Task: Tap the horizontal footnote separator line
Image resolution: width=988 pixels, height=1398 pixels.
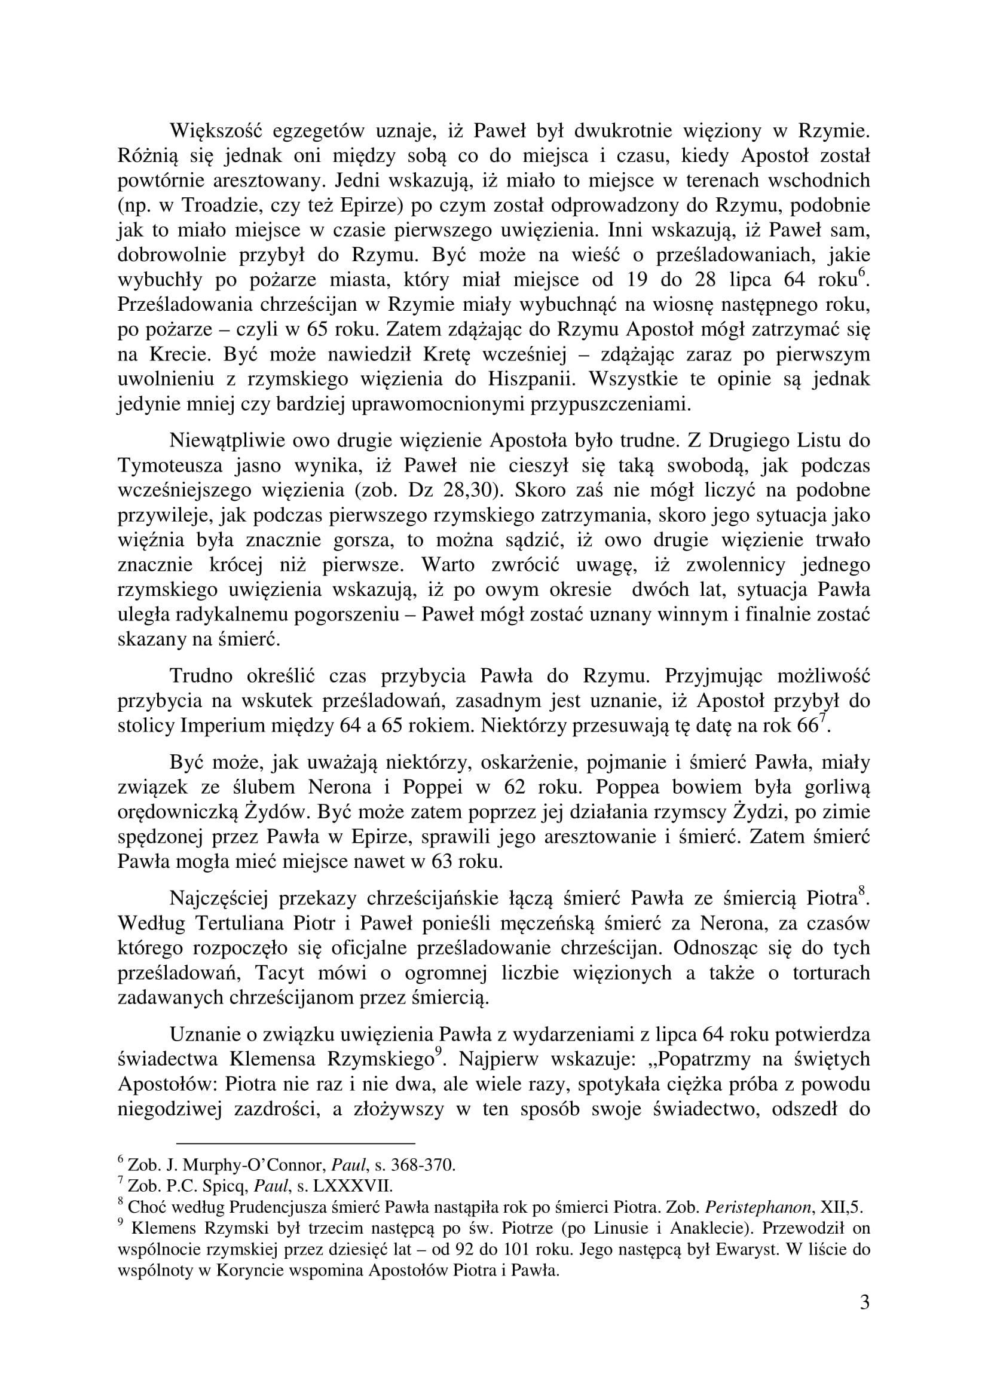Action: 295,1143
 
